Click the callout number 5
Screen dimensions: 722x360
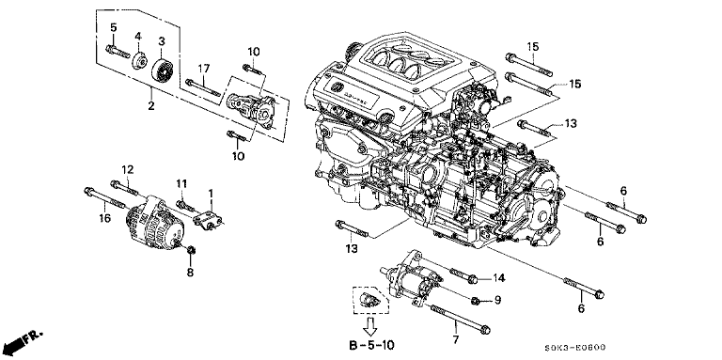tap(113, 27)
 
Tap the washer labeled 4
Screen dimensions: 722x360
tap(139, 61)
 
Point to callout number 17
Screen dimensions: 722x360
tap(204, 69)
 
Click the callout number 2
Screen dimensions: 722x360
tap(151, 106)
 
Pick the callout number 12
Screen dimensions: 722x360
tap(128, 170)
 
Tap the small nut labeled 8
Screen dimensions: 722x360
tap(190, 250)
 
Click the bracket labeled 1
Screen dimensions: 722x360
tap(209, 220)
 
